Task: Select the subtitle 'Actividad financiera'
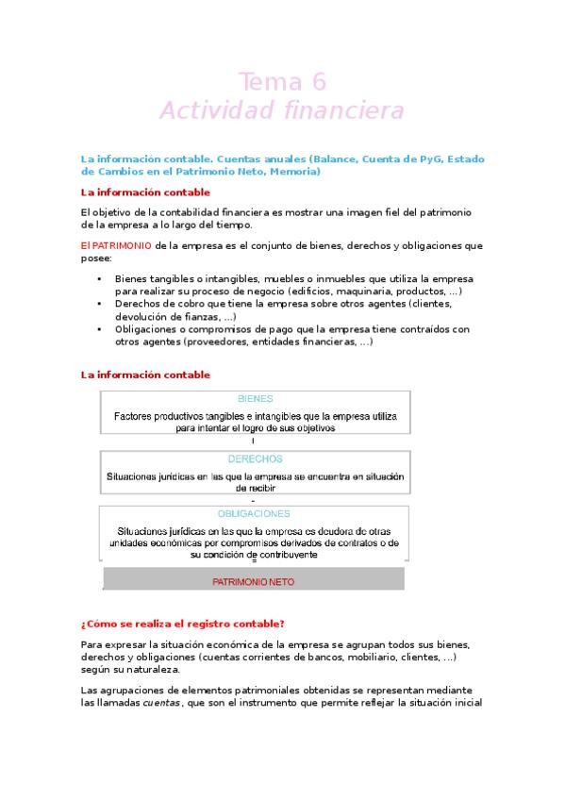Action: (282, 111)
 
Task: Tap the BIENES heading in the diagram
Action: (255, 399)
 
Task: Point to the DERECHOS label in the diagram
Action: (255, 459)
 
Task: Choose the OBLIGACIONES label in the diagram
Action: (255, 514)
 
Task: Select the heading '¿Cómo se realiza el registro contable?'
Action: (182, 624)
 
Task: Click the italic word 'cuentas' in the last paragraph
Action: (160, 703)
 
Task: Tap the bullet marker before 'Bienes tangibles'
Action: (100, 279)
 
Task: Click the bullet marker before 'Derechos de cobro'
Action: (100, 305)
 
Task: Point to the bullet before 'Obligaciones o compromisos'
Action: (100, 330)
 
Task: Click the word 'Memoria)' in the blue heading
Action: (294, 173)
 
